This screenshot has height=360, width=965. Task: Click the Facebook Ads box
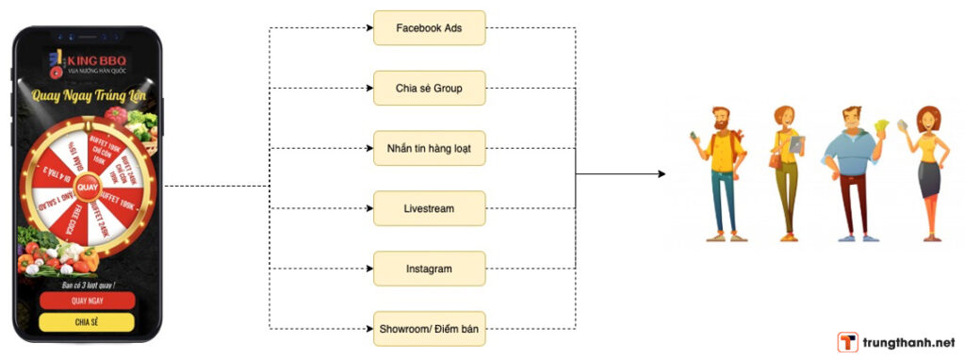pos(429,27)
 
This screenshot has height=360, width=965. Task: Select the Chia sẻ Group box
pos(429,88)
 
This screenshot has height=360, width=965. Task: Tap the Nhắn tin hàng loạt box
pos(429,148)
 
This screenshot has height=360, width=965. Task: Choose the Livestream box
pos(429,208)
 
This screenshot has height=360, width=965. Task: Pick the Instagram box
pos(429,269)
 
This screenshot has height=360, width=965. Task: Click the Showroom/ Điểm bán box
pos(429,329)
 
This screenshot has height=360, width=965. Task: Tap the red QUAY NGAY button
pos(87,301)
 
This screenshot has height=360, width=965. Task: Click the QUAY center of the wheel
pos(88,187)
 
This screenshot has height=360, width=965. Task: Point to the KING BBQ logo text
pos(94,62)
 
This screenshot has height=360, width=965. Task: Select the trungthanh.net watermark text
pos(908,343)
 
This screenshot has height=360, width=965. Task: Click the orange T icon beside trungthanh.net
pos(847,343)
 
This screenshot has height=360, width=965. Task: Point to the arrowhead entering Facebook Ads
pos(368,27)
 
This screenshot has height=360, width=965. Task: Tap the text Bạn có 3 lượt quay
pos(87,284)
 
